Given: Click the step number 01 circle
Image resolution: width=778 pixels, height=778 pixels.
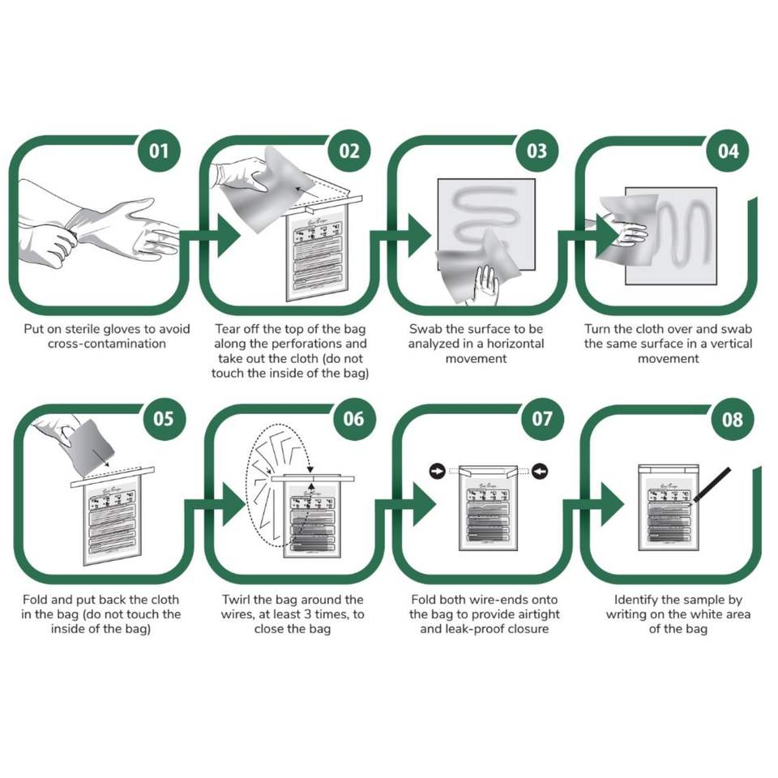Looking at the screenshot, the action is (x=159, y=151).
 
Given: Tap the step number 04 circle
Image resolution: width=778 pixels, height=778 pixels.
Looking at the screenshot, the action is (x=729, y=151).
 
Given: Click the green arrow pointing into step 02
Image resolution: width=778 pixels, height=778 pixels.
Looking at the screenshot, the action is (x=224, y=235).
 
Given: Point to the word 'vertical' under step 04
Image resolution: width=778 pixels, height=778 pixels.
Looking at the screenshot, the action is (x=728, y=344).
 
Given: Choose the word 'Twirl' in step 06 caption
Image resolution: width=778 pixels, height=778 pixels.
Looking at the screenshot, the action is (x=238, y=600).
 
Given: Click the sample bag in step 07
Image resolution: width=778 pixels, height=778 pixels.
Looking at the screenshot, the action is (x=489, y=511).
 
